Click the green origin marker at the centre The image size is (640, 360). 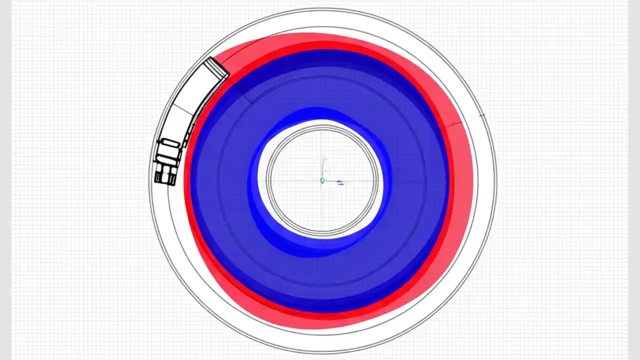click(x=322, y=180)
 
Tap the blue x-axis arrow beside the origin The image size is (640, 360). click(x=339, y=181)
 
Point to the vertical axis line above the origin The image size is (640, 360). click(x=325, y=168)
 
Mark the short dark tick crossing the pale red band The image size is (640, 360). click(x=454, y=123)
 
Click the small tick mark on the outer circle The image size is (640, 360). click(x=481, y=115)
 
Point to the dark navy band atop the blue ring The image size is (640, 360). click(x=320, y=57)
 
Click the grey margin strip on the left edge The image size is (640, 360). click(x=5, y=180)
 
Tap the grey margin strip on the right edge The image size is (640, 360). click(x=634, y=180)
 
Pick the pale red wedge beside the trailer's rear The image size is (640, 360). click(x=240, y=55)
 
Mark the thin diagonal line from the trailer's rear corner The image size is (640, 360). click(x=240, y=90)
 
